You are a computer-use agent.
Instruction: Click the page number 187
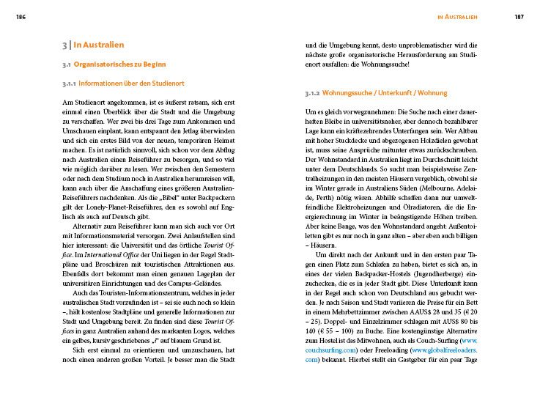[519, 16]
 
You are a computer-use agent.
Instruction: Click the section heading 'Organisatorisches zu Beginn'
[120, 64]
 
